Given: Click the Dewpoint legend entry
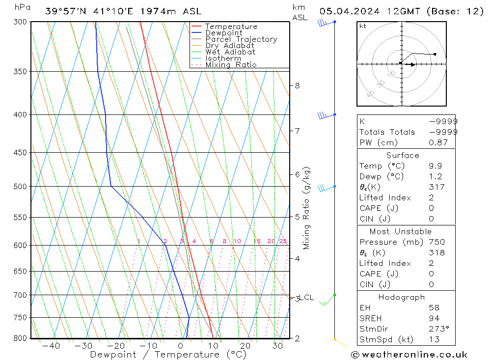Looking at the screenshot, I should tap(223, 33).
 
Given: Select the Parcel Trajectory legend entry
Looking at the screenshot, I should tap(241, 39).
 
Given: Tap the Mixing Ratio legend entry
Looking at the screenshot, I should tap(230, 64).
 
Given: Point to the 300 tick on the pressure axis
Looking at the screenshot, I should tap(21, 22).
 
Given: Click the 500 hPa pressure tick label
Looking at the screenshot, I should tap(21, 187).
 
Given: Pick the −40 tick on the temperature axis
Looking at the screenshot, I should tap(51, 346).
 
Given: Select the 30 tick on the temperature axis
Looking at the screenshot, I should tap(277, 346).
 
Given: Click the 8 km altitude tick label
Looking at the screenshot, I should tap(297, 85).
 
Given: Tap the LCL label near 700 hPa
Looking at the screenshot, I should tap(306, 298).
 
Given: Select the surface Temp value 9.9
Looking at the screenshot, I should tap(435, 166).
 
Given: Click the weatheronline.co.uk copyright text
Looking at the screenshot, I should tap(409, 354).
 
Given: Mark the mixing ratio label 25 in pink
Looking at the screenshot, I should tap(283, 241).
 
